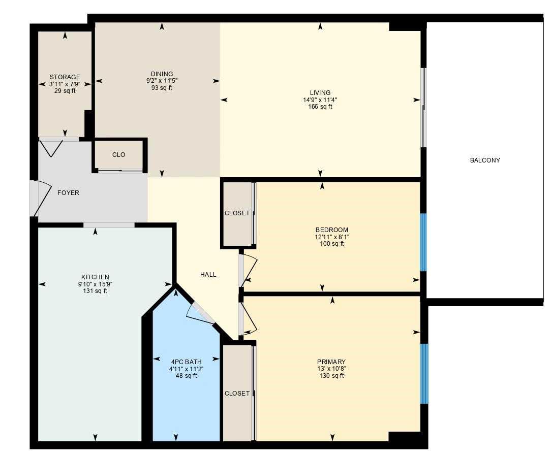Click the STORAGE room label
[x=65, y=77]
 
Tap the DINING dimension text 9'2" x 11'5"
[x=162, y=81]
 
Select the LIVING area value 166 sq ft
[x=320, y=107]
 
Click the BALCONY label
[x=484, y=160]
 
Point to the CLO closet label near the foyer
[x=118, y=155]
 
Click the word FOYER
[x=68, y=193]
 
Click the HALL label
[x=208, y=275]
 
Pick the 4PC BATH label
[x=186, y=362]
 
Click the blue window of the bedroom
[x=423, y=242]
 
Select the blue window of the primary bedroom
[x=423, y=373]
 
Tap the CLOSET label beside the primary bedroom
[x=237, y=394]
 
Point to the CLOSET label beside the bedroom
[x=237, y=213]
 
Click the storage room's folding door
[x=51, y=147]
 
